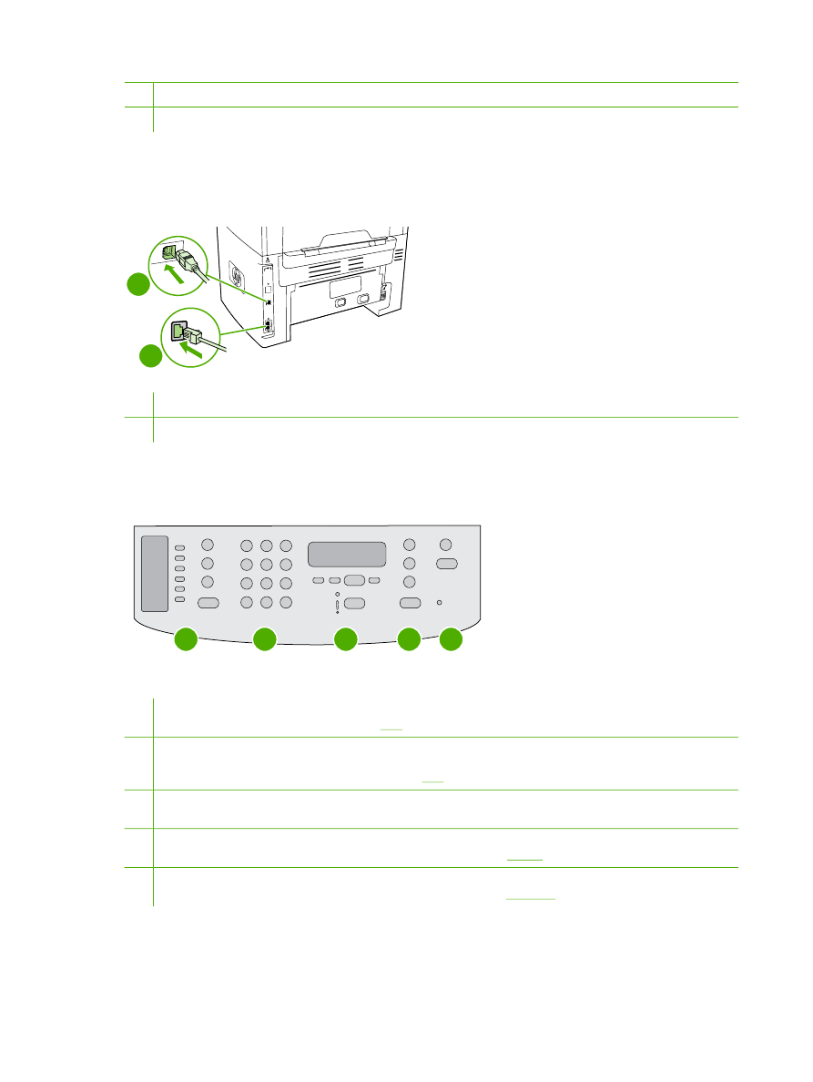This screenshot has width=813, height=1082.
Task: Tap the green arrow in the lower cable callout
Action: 192,344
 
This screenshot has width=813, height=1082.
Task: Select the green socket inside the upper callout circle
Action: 169,253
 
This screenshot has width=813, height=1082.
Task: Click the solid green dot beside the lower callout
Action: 152,357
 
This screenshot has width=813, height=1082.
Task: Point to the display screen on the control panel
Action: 347,554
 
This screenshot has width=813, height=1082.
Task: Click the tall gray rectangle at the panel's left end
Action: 155,574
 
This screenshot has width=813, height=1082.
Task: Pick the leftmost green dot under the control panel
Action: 186,640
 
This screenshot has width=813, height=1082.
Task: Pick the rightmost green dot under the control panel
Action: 451,640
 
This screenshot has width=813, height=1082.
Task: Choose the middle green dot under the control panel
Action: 345,640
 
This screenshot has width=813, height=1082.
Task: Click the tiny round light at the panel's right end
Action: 441,603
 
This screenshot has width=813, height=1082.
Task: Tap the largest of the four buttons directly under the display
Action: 354,580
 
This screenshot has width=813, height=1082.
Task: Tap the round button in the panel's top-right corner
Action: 446,545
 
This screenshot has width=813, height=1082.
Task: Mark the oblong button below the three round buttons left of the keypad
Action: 208,602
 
